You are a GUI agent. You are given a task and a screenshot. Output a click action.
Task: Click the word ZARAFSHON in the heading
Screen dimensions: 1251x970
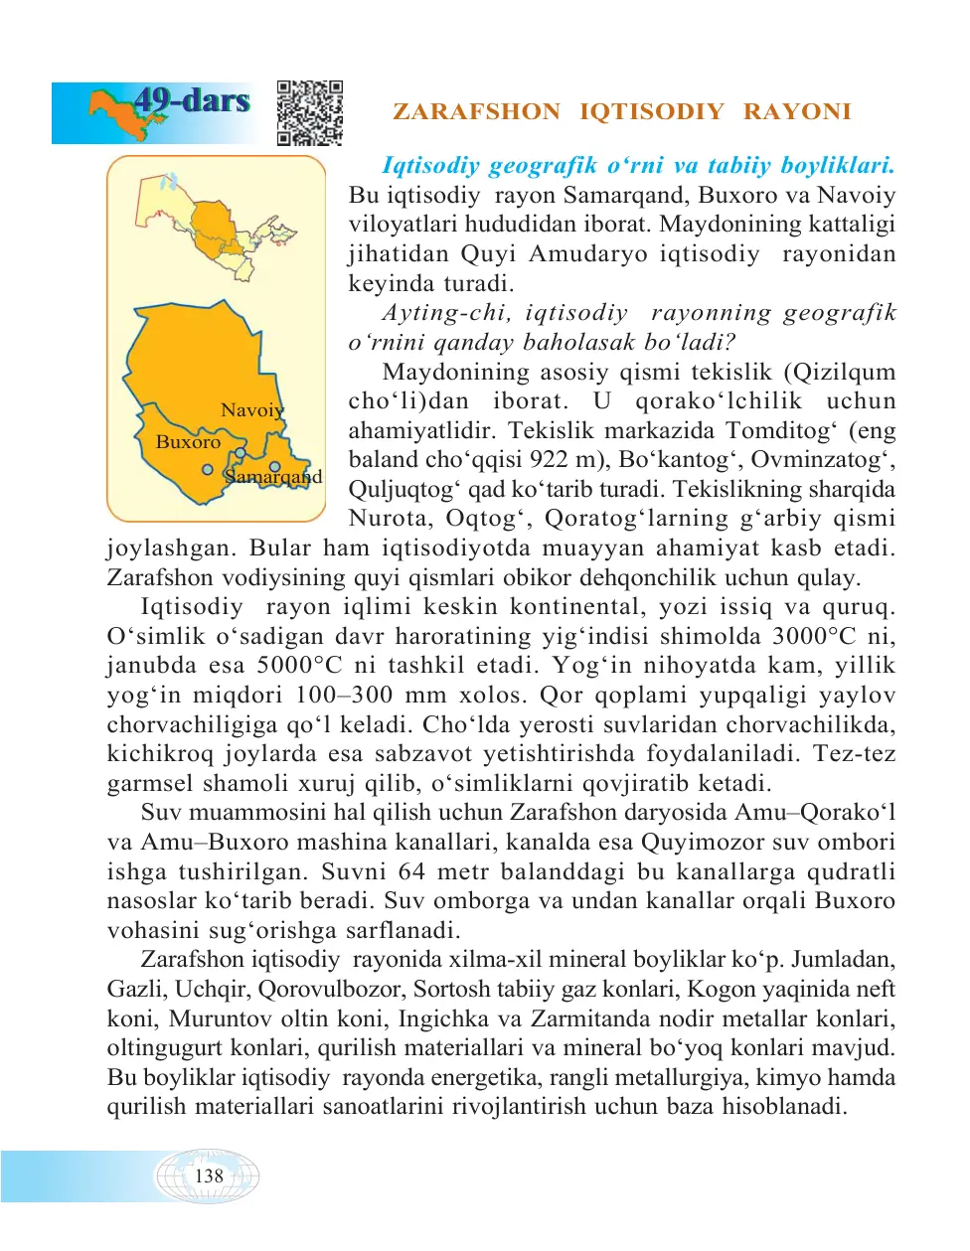pyautogui.click(x=476, y=111)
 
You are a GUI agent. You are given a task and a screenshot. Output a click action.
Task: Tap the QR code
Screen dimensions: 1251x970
pyautogui.click(x=310, y=113)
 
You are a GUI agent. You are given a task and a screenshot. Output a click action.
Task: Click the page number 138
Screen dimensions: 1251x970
pyautogui.click(x=209, y=1176)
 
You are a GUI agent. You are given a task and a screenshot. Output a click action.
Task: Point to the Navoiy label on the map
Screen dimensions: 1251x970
pyautogui.click(x=252, y=410)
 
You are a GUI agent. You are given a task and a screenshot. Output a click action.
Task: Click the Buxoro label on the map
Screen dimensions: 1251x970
pyautogui.click(x=188, y=442)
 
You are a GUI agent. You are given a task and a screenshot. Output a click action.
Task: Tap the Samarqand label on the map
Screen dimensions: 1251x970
pyautogui.click(x=273, y=477)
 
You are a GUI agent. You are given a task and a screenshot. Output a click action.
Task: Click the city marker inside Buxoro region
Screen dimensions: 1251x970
pyautogui.click(x=208, y=470)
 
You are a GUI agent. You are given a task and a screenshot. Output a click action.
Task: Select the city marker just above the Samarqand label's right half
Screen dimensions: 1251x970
pyautogui.click(x=275, y=466)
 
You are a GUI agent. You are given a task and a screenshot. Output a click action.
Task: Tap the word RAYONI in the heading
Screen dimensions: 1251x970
pyautogui.click(x=797, y=111)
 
